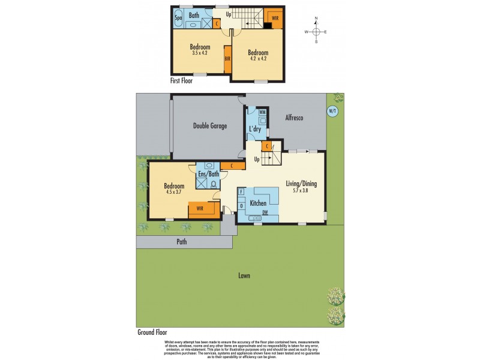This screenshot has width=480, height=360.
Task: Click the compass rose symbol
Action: pos(316,32)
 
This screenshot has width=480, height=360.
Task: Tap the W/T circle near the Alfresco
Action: pos(332,111)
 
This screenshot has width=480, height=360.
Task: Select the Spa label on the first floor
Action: pos(178,18)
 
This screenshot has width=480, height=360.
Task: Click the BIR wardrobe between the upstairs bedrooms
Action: pos(227,59)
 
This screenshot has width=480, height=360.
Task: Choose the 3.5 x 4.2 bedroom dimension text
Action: pos(200,53)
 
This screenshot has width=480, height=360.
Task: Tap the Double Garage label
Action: pos(209,126)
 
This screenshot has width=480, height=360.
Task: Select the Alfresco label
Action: pos(293,118)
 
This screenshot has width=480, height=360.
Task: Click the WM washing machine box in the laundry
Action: pos(262,113)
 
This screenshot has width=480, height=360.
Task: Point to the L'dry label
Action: pos(256,130)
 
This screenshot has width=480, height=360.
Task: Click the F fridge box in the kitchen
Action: pos(241,192)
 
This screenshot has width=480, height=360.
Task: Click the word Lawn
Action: pos(243,276)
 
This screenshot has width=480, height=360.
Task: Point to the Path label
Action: pos(182,242)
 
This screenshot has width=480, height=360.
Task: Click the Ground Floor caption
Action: pos(151,332)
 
